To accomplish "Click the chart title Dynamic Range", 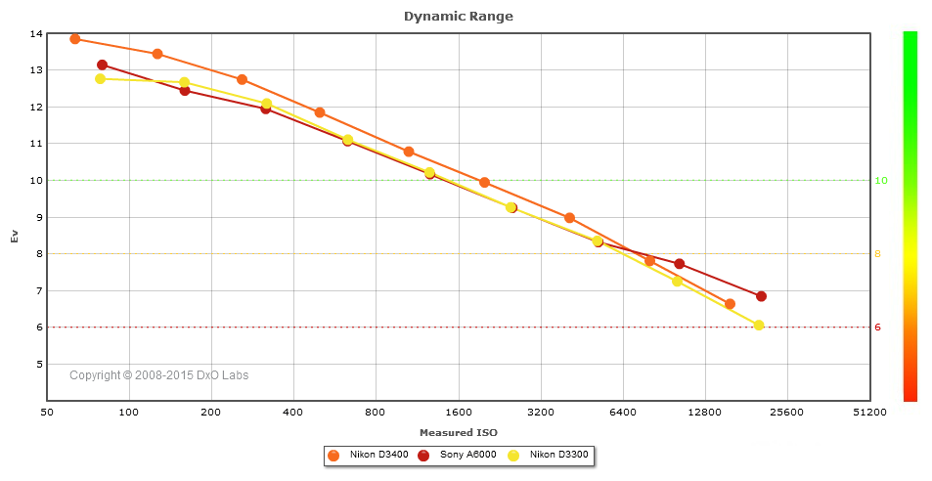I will click(x=458, y=16).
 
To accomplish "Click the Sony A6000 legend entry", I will click(x=462, y=456).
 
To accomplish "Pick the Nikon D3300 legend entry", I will click(x=554, y=456).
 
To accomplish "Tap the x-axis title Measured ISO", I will click(x=458, y=432).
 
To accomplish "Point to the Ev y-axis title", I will click(x=15, y=236).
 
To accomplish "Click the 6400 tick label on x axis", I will click(x=623, y=414).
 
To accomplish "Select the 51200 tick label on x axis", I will click(x=868, y=414).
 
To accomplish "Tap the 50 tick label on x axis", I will click(x=47, y=414).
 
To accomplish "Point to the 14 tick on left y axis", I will click(x=36, y=33).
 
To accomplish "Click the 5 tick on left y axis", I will click(x=39, y=364).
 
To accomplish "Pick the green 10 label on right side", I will click(x=880, y=181).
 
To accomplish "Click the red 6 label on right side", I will click(x=877, y=328).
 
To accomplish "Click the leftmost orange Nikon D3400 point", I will click(x=75, y=39).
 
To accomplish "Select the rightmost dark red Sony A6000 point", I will click(x=761, y=296).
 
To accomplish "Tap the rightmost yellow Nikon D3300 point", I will click(x=758, y=326).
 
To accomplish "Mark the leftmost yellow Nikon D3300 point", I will click(x=100, y=79).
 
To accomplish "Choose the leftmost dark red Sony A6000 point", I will click(x=102, y=65).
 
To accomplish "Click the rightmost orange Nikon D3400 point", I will click(x=730, y=304).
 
